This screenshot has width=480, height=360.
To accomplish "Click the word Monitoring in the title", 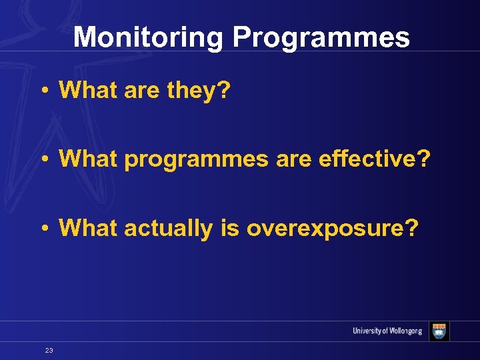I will (x=148, y=38).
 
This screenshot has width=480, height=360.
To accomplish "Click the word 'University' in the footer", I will (x=369, y=331).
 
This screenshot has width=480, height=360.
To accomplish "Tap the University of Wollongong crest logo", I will (x=439, y=331).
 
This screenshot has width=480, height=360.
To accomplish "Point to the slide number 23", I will (x=49, y=350).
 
